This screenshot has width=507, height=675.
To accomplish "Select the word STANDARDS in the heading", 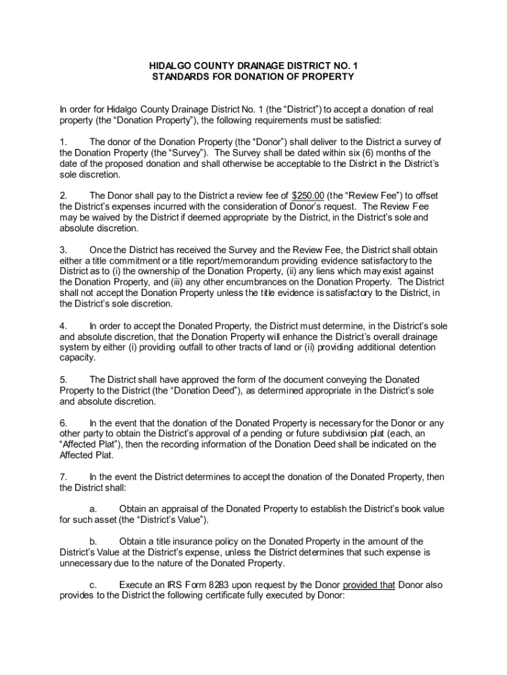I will pos(180,76).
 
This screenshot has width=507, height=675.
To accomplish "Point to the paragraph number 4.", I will pos(63,326).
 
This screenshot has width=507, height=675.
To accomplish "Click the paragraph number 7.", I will pos(63,477).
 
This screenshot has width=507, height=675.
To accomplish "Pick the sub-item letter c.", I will pos(93,585).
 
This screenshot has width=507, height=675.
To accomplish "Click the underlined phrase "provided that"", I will pos(369,585).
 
